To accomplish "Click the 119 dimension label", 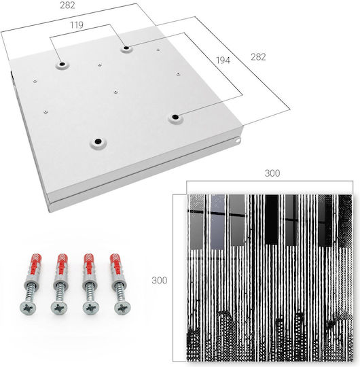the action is [x=77, y=25].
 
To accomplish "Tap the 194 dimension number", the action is [x=223, y=60].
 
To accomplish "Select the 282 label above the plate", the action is [x=67, y=5].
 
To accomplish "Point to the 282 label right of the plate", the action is [x=258, y=57].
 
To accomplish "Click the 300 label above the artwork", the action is [x=272, y=173].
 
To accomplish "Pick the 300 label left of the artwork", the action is [x=160, y=280].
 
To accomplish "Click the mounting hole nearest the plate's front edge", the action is [x=98, y=141].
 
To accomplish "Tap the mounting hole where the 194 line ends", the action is [x=175, y=117].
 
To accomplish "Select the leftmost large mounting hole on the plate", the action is [x=62, y=64].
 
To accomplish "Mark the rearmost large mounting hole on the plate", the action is [x=126, y=48].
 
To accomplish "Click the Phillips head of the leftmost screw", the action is [x=28, y=308].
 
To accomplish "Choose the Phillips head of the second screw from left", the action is [x=59, y=308].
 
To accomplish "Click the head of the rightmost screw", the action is [x=122, y=308].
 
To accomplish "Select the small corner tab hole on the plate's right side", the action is [x=238, y=141].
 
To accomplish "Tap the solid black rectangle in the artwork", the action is [x=272, y=220].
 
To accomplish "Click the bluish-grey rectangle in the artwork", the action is [x=217, y=222].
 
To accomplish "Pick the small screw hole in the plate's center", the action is [x=115, y=92].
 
